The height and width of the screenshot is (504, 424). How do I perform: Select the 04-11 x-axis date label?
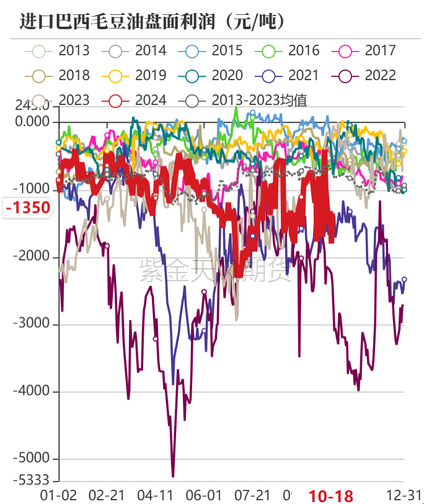coord(156,495)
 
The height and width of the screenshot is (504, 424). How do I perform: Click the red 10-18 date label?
coord(331,495)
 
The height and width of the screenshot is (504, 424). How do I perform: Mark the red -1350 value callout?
coord(28,207)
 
